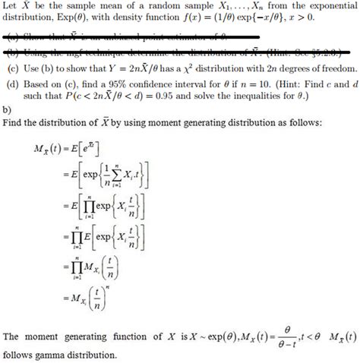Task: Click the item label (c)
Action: click(12, 68)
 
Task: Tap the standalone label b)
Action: click(8, 109)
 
